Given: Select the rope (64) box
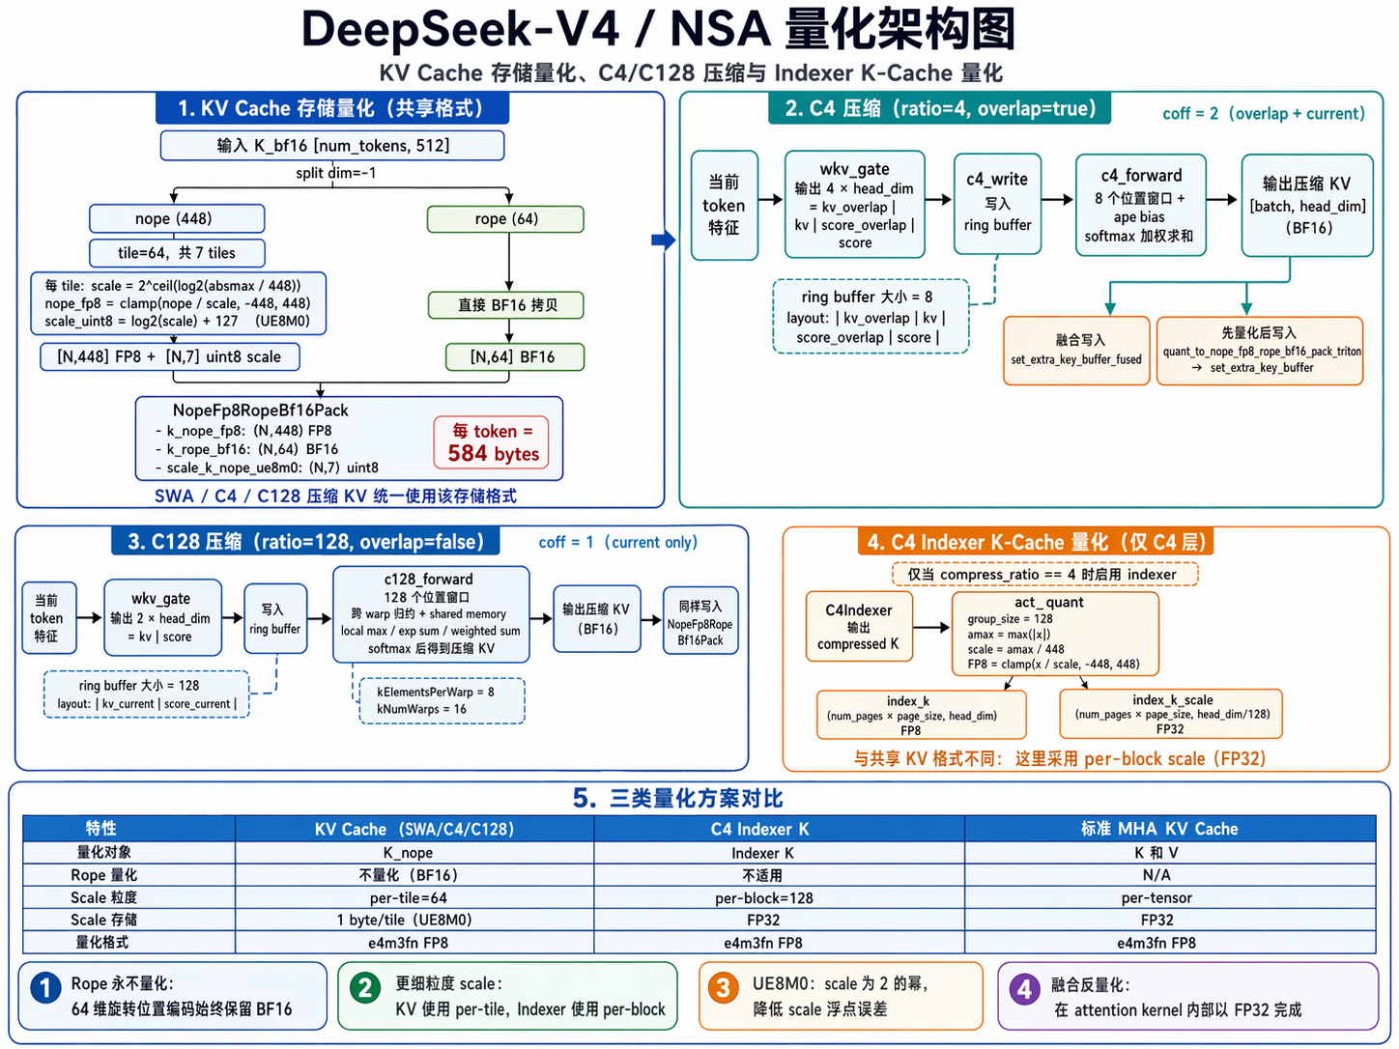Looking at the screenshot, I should click(505, 219).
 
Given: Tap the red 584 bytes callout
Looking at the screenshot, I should click(493, 442).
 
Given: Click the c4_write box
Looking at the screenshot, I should click(997, 203).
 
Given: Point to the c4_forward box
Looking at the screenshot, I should click(1140, 205).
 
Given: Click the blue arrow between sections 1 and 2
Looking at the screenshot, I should click(664, 240).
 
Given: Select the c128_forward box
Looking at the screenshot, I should click(430, 614).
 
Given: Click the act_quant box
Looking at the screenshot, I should click(1054, 634).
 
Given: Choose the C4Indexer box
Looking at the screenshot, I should click(859, 626).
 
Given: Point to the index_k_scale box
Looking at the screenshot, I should click(1171, 714).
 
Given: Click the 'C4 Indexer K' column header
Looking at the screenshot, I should click(779, 829).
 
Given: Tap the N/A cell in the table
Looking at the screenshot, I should click(1156, 874).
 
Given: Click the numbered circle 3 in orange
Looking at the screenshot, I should click(723, 987).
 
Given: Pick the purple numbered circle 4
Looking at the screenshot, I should click(1024, 988).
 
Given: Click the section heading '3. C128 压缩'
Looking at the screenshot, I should click(305, 542).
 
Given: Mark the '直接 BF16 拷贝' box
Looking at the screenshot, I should click(507, 305).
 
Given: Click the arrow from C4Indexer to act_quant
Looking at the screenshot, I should click(931, 628).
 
